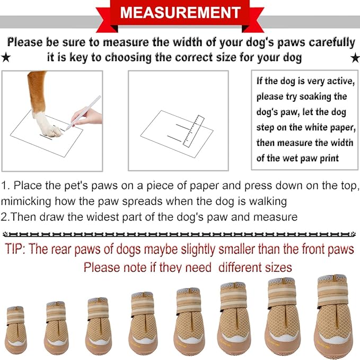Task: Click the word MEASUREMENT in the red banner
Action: click(x=180, y=12)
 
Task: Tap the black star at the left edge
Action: click(x=6, y=57)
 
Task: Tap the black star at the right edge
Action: click(x=355, y=57)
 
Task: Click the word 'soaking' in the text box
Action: click(x=329, y=97)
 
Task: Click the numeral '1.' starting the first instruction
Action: click(x=6, y=186)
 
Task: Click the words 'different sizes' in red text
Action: click(x=254, y=266)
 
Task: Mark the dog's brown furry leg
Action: click(x=37, y=90)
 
